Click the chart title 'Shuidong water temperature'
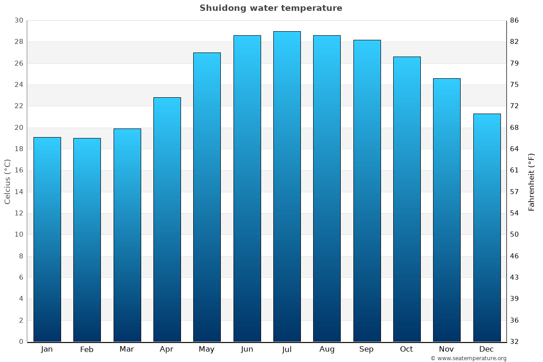pyautogui.click(x=271, y=8)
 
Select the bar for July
pyautogui.click(x=287, y=186)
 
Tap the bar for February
pyautogui.click(x=87, y=240)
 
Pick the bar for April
pyautogui.click(x=167, y=219)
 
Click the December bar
pyautogui.click(x=487, y=228)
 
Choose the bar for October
pyautogui.click(x=407, y=199)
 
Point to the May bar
pyautogui.click(x=207, y=197)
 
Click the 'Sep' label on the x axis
pyautogui.click(x=367, y=349)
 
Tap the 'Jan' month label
pyautogui.click(x=47, y=349)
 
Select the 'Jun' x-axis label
pyautogui.click(x=247, y=349)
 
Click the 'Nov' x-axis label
pyautogui.click(x=447, y=349)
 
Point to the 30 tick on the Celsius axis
pyautogui.click(x=19, y=20)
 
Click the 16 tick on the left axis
pyautogui.click(x=19, y=171)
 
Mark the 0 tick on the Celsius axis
pyautogui.click(x=21, y=342)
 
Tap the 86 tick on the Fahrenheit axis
pyautogui.click(x=514, y=20)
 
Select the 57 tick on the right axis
pyautogui.click(x=514, y=192)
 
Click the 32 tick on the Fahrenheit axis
pyautogui.click(x=514, y=342)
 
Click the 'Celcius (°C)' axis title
pyautogui.click(x=7, y=181)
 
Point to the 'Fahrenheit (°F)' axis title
pyautogui.click(x=532, y=181)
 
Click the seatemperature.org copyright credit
pyautogui.click(x=468, y=358)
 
